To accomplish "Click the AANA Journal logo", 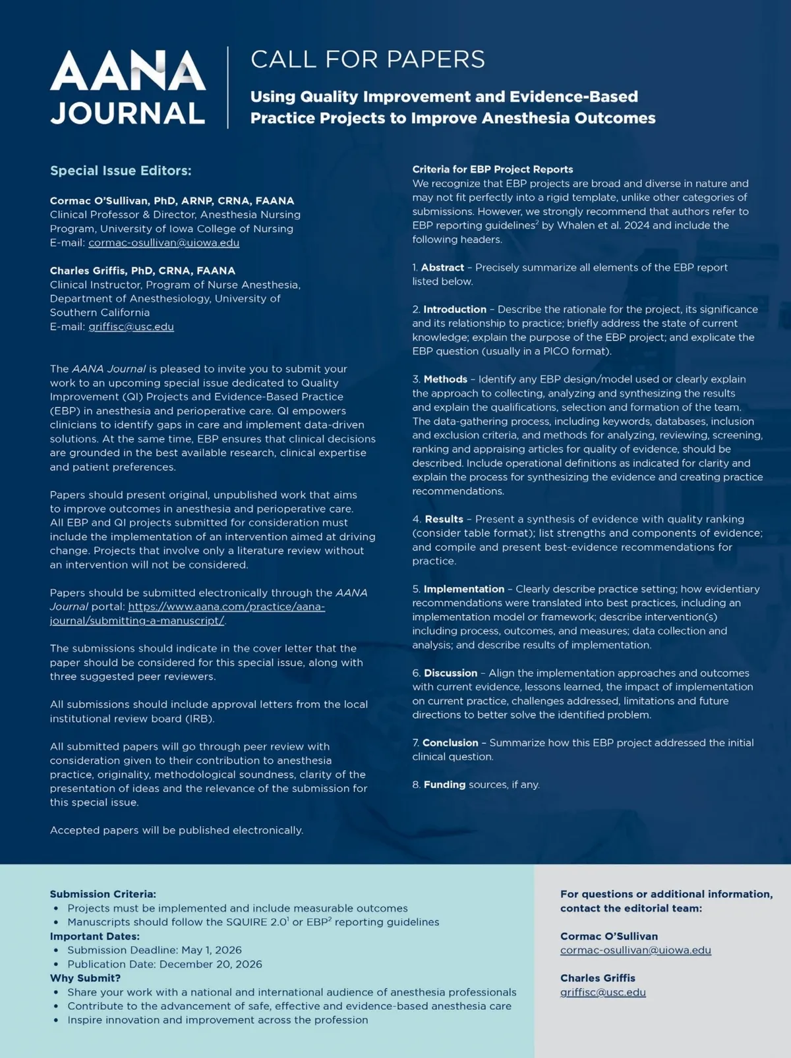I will (x=128, y=88).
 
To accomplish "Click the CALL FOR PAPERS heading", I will (x=367, y=59).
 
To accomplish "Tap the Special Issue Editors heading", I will (x=121, y=171).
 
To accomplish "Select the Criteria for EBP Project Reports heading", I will (x=492, y=169).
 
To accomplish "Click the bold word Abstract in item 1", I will (x=442, y=267).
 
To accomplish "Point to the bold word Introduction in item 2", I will (x=455, y=309).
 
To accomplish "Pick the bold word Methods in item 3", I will (x=446, y=379).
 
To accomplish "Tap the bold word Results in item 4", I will (x=444, y=519).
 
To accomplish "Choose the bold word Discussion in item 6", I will (x=450, y=673).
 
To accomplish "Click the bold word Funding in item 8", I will (x=444, y=785).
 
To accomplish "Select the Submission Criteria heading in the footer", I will (x=103, y=894).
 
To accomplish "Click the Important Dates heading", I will (x=95, y=936).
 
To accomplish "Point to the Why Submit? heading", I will (x=85, y=978).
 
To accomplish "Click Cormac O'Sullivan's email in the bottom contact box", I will (x=635, y=950).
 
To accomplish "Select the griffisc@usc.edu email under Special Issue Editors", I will (x=131, y=327).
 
